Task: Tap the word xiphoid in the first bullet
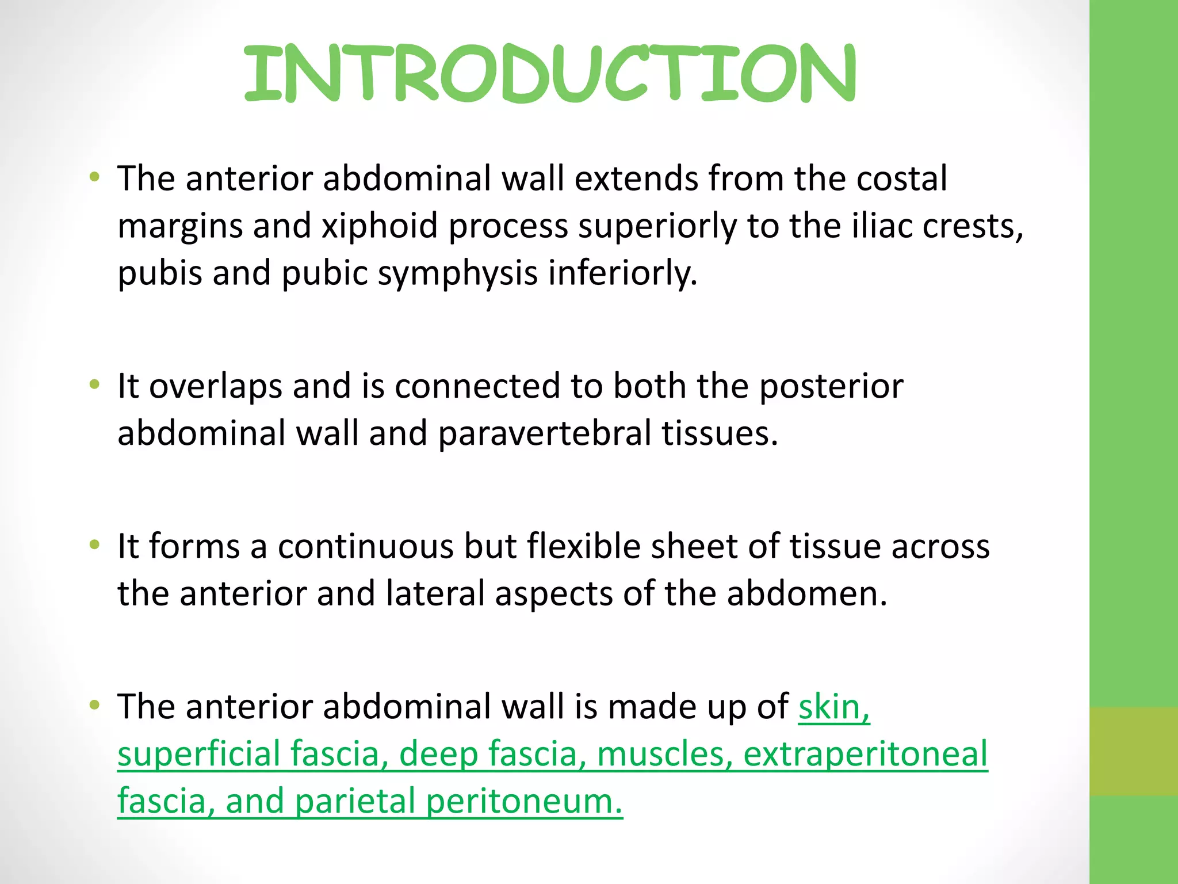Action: [380, 226]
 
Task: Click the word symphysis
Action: [457, 273]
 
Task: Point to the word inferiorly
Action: [622, 273]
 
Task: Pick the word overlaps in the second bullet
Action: [216, 386]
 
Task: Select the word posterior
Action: [831, 386]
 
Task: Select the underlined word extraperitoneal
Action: [865, 754]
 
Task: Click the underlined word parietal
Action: [355, 801]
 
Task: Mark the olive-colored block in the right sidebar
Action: [1133, 751]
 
